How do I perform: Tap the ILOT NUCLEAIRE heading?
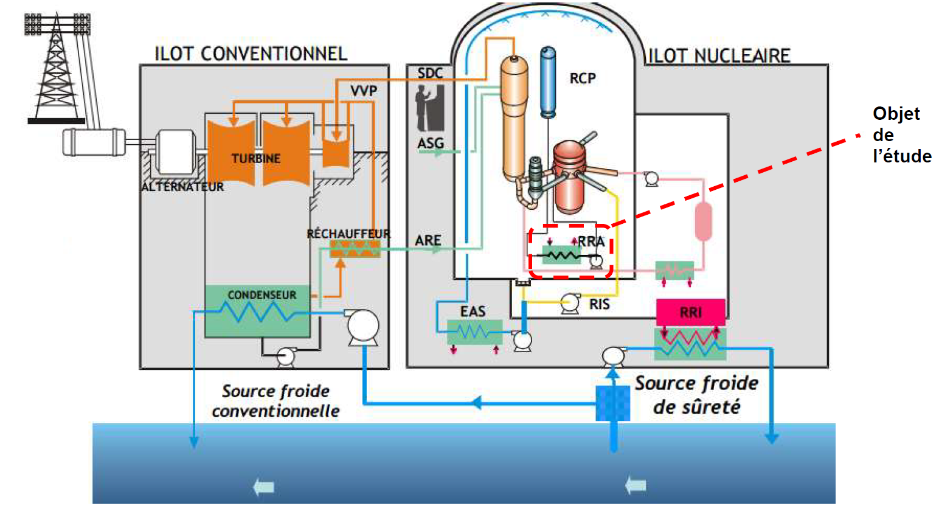(x=719, y=56)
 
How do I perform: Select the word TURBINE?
(x=255, y=158)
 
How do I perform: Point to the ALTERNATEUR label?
(x=182, y=187)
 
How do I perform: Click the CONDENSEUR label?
(x=262, y=295)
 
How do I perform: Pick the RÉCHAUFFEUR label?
(x=348, y=234)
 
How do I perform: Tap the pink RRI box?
(x=691, y=312)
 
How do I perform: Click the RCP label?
(x=582, y=78)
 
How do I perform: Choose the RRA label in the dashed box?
(x=591, y=242)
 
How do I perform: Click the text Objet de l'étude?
(x=901, y=134)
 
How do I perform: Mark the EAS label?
(x=473, y=311)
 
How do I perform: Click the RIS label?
(x=599, y=304)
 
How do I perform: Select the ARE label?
(x=428, y=240)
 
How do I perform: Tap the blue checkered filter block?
(x=613, y=403)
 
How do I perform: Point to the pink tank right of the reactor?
(x=703, y=221)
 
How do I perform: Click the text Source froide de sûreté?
(x=697, y=395)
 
